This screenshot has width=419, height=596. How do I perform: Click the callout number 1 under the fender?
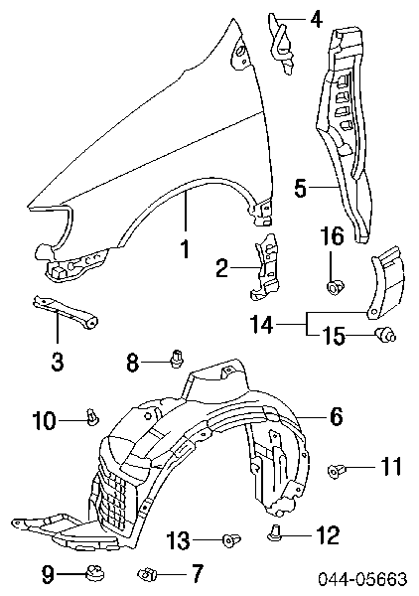coord(185,248)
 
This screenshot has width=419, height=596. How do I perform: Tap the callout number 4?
coord(315,18)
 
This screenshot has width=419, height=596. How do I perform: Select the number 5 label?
coord(301,188)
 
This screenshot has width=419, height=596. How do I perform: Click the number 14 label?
coord(262,324)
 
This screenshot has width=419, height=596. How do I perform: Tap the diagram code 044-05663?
coord(362,579)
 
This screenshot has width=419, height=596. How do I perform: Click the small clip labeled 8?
coord(176,359)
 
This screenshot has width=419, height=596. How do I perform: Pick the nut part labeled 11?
coord(335,471)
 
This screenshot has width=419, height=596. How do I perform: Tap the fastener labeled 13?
coord(231,539)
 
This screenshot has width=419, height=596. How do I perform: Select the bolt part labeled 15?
coord(385,335)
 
